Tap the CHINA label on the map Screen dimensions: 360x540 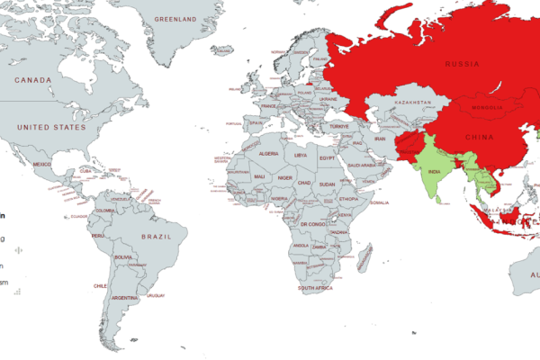point(478,137)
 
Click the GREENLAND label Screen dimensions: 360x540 point(175,19)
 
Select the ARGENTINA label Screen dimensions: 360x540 point(126,297)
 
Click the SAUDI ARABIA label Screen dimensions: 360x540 point(366,166)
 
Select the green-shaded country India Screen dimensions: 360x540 point(431,171)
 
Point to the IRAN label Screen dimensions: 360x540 point(380,139)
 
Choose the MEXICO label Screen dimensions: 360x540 point(42,166)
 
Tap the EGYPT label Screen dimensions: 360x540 point(328,158)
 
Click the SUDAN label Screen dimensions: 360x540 point(327,184)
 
